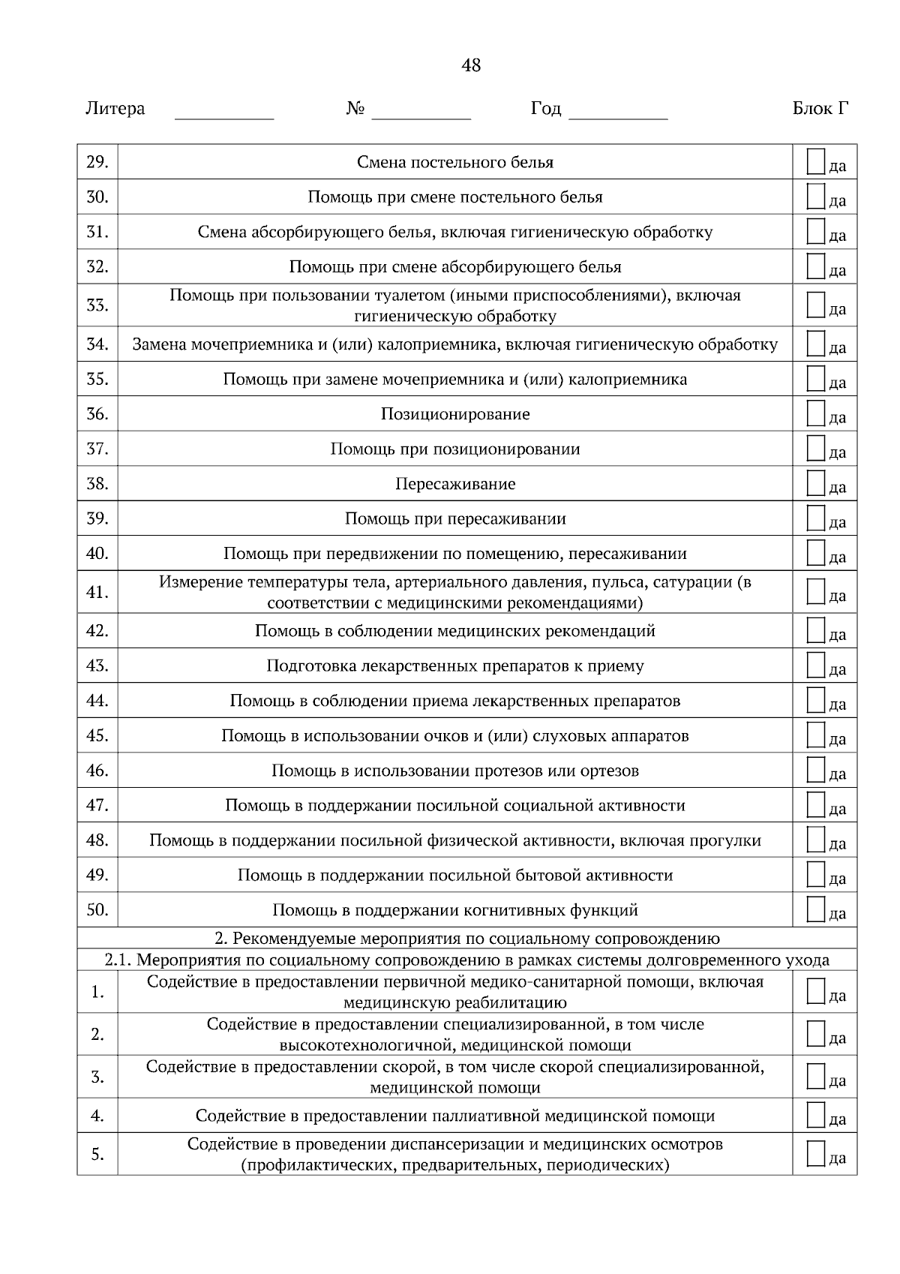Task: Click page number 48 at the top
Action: tap(471, 66)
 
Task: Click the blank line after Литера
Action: tap(224, 115)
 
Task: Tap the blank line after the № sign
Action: tap(421, 115)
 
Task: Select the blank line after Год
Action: tap(619, 115)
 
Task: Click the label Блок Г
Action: tap(820, 109)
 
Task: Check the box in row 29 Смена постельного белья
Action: tap(816, 161)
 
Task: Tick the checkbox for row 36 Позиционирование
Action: tap(816, 413)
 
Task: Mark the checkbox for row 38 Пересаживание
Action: tap(816, 483)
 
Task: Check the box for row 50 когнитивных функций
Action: tap(816, 909)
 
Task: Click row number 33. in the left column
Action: tap(97, 305)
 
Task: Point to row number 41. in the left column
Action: tap(97, 592)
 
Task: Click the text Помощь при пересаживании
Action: tap(455, 518)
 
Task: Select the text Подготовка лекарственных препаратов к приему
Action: tap(455, 666)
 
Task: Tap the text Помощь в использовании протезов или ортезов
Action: tap(455, 771)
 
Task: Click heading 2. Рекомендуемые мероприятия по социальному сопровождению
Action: tap(466, 939)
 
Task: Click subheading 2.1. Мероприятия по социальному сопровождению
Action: tap(466, 960)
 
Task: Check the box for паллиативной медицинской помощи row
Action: tap(816, 1115)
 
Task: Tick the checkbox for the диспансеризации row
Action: tap(816, 1153)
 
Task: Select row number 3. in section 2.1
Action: tap(97, 1077)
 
